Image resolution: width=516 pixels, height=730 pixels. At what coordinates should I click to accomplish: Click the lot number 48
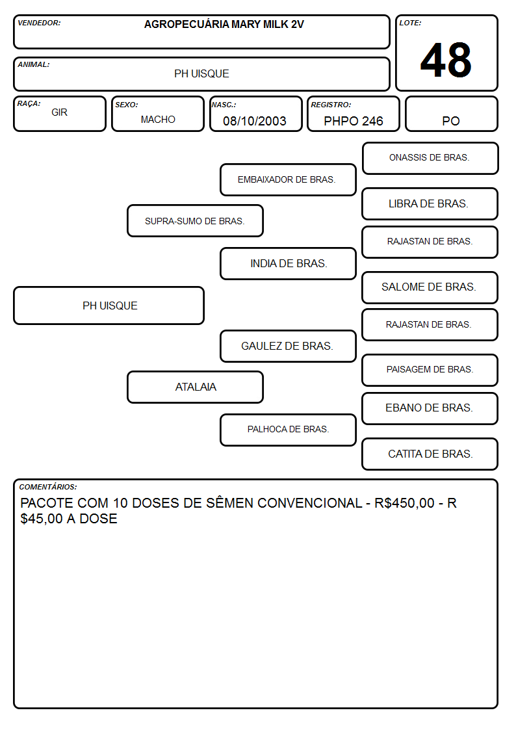click(446, 60)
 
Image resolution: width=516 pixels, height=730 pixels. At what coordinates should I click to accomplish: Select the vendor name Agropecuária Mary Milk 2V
click(224, 25)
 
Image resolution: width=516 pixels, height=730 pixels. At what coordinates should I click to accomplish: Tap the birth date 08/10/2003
click(255, 121)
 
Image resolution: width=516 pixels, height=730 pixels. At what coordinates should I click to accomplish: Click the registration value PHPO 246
click(353, 121)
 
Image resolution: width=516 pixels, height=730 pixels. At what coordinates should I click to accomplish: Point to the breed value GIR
click(60, 112)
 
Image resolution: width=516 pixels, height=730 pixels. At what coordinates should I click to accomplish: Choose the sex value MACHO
click(158, 120)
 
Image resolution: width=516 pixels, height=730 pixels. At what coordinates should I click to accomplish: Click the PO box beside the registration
click(451, 114)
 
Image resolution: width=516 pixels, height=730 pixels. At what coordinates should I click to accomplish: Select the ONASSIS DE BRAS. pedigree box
click(430, 159)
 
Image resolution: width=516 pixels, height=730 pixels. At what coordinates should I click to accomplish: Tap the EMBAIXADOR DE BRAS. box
click(288, 179)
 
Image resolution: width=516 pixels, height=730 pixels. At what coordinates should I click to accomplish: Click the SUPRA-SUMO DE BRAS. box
click(195, 220)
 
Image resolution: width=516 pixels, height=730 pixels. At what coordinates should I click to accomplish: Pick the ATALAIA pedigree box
click(195, 387)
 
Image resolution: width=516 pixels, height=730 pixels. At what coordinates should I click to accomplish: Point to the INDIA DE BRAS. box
click(288, 263)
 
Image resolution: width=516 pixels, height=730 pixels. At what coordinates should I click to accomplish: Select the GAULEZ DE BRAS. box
click(288, 346)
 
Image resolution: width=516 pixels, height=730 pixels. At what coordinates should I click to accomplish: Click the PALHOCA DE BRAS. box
click(288, 430)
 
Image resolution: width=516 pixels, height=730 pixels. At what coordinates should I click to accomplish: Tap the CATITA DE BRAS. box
click(430, 454)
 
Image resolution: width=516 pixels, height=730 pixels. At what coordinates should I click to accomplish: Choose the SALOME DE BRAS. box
click(430, 287)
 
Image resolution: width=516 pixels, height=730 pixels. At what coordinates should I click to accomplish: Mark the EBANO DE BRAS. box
click(430, 408)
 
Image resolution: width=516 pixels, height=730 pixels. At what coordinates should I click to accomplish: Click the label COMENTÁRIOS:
click(48, 487)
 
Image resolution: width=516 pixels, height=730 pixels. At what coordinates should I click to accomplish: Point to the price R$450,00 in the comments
click(404, 503)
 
